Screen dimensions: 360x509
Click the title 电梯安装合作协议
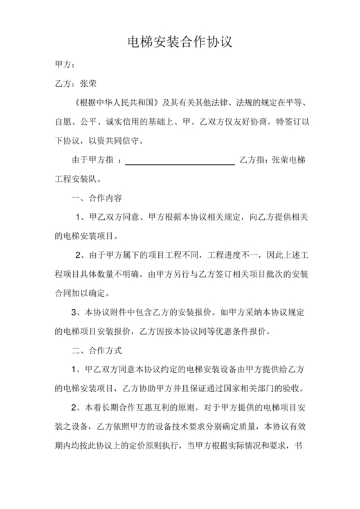pos(179,43)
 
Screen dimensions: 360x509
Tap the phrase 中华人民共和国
pos(120,102)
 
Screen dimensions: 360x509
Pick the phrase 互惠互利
pos(152,408)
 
